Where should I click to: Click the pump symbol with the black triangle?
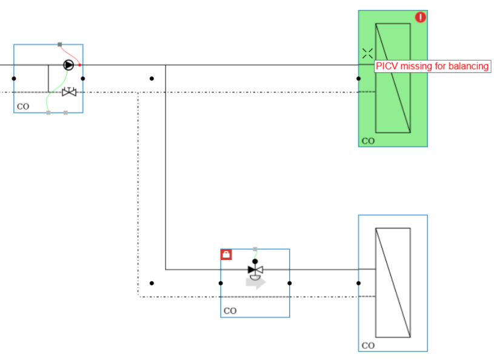(68, 65)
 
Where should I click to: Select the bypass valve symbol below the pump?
(69, 92)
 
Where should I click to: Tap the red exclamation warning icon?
(420, 17)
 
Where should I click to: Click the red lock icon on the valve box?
(226, 255)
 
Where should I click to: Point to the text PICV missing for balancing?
(432, 66)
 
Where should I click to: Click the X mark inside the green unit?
(367, 53)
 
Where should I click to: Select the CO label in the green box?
(368, 141)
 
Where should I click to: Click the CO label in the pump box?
(23, 107)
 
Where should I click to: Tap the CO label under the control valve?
(230, 311)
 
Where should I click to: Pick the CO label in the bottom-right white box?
(368, 346)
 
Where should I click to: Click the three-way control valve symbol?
(255, 269)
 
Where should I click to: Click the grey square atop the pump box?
(59, 44)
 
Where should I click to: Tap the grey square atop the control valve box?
(255, 249)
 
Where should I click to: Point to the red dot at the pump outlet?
(80, 65)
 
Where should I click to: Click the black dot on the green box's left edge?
(358, 78)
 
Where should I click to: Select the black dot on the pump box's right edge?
(83, 78)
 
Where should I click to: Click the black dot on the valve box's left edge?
(221, 283)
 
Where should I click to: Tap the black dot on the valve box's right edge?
(290, 283)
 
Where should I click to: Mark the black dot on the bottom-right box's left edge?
(358, 283)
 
